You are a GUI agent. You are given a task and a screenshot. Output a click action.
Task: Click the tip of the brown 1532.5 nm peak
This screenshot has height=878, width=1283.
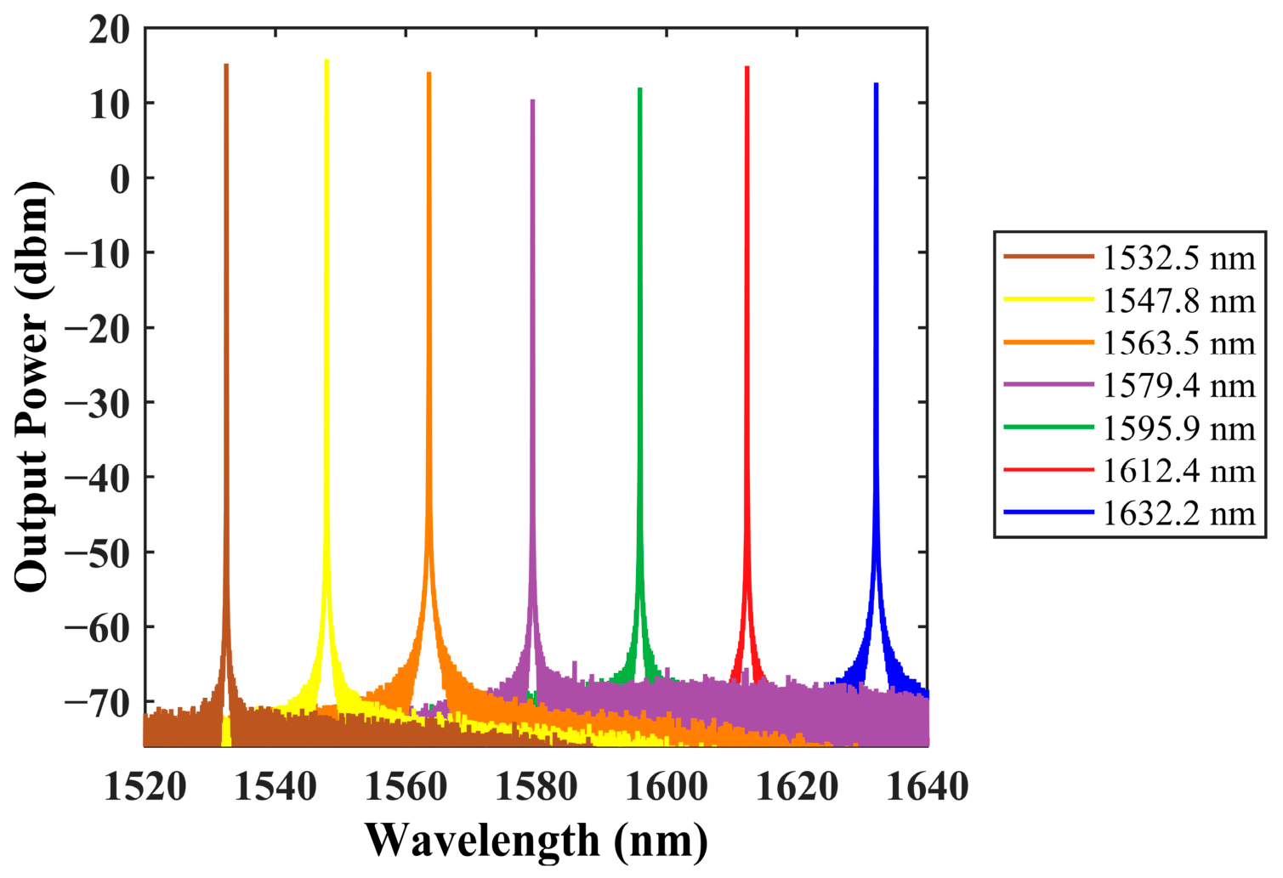point(226,65)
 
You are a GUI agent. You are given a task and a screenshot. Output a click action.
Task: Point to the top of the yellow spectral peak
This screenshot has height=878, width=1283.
point(326,60)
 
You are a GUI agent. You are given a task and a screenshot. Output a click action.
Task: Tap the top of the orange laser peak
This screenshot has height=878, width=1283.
point(429,73)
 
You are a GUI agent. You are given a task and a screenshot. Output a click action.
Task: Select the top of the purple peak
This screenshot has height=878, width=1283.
point(533,100)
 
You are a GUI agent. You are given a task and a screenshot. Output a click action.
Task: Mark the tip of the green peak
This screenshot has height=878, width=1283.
point(639,88)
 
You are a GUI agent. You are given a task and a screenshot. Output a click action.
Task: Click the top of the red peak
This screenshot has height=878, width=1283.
point(747,67)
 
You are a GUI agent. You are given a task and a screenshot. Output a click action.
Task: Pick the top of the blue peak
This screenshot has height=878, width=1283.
point(876,84)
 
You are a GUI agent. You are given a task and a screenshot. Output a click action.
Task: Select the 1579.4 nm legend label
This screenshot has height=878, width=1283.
point(1178,385)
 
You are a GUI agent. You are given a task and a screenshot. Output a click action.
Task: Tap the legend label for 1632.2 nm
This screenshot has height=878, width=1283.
point(1178,513)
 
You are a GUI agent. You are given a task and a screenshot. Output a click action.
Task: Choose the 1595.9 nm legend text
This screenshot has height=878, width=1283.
point(1178,428)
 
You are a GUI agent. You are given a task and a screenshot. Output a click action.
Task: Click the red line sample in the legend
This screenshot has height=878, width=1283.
point(1048,470)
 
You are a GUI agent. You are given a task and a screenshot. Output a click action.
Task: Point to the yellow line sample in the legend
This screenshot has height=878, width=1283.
point(1048,299)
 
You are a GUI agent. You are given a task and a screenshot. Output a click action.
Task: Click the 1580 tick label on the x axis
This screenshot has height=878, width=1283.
point(536,786)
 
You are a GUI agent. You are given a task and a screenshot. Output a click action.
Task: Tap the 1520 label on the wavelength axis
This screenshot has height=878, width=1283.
point(145,786)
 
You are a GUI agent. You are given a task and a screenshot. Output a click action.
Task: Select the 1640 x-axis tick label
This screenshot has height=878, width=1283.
point(928,786)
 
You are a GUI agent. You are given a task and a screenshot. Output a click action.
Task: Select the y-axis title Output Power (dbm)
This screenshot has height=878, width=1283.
point(32,387)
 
